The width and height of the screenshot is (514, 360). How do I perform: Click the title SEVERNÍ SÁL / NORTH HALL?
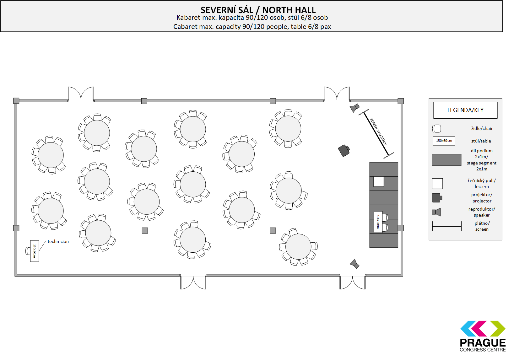click(x=258, y=10)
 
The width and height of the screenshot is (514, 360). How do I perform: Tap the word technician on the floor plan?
click(x=58, y=241)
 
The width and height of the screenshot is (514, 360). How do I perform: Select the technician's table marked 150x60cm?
click(x=35, y=251)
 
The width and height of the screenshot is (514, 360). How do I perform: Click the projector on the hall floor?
click(x=344, y=150)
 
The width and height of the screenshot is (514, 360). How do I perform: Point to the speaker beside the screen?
click(x=354, y=108)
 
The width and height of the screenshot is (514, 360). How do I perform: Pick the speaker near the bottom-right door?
click(x=354, y=264)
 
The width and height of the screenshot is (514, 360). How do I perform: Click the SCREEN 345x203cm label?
click(x=378, y=132)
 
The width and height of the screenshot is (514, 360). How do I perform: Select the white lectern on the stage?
click(x=379, y=182)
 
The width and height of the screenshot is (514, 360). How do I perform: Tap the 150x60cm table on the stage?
click(x=378, y=222)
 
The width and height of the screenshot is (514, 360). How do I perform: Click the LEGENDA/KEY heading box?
click(x=465, y=110)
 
